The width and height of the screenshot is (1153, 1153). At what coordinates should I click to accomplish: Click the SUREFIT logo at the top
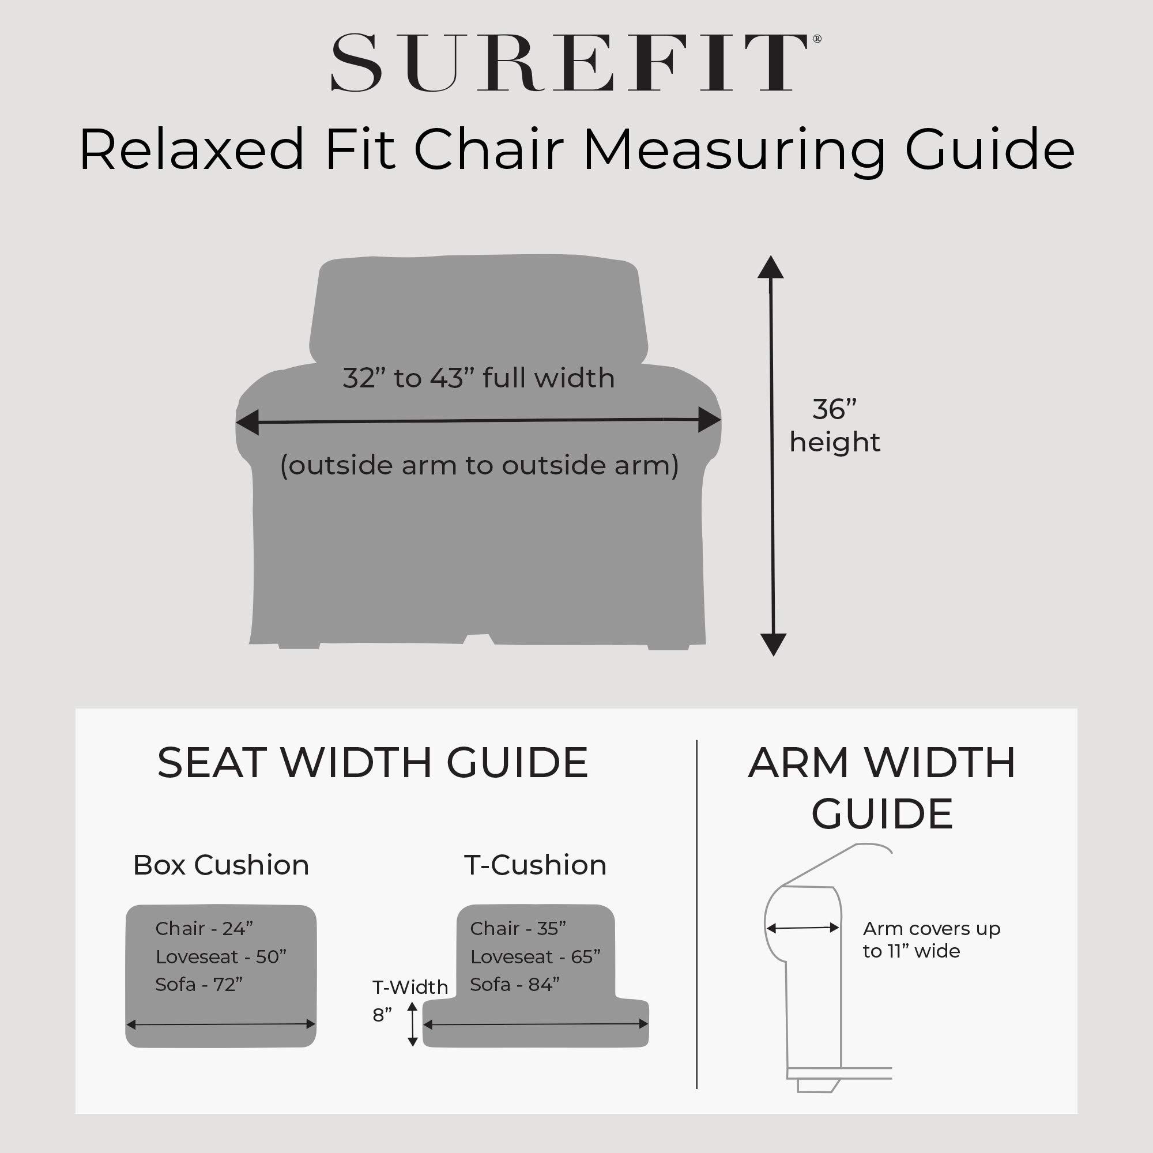[575, 63]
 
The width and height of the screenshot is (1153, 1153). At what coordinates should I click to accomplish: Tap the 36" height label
[834, 425]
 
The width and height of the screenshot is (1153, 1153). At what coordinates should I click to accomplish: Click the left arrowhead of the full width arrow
[247, 422]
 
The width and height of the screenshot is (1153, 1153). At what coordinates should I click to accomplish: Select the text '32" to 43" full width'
[478, 378]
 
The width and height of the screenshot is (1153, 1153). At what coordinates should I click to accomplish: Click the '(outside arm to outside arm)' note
[479, 465]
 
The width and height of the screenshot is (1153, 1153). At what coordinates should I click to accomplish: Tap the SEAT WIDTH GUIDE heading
[372, 763]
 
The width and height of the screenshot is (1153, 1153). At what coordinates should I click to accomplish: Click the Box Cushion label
[221, 865]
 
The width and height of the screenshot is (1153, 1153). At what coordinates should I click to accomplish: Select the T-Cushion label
[536, 865]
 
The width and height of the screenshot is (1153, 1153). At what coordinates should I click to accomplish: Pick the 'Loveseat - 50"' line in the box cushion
[221, 956]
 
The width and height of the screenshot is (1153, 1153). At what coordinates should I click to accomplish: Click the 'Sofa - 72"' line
[199, 984]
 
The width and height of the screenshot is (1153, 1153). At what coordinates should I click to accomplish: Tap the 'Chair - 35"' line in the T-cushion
[518, 929]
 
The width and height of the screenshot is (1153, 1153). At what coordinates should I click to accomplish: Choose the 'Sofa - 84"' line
[514, 984]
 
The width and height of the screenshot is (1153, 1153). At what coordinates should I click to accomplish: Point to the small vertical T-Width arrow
[412, 1024]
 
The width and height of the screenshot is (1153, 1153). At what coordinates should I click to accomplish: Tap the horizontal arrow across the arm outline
[802, 928]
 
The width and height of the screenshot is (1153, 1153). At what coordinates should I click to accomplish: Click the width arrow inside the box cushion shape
[221, 1024]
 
